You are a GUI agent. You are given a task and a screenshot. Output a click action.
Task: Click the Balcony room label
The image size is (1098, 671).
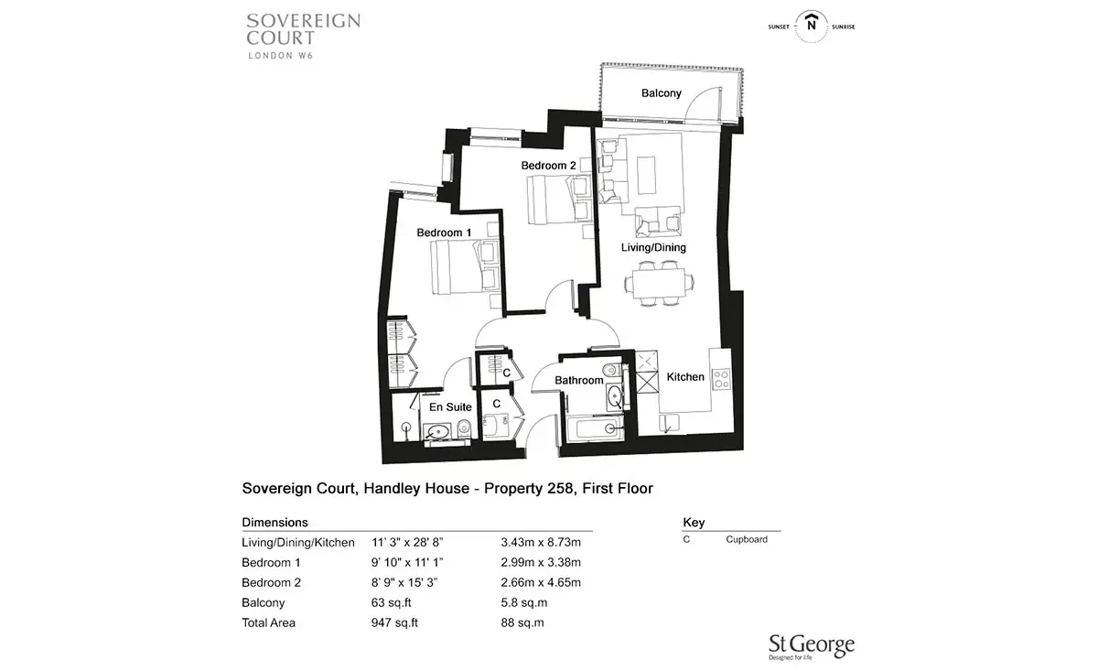click(x=662, y=93)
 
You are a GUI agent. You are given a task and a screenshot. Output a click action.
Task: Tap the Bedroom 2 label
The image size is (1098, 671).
click(x=548, y=166)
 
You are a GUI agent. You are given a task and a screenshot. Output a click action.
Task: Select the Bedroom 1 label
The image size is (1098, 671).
click(x=444, y=233)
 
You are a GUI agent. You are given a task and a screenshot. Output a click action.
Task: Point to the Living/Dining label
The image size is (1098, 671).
click(x=653, y=248)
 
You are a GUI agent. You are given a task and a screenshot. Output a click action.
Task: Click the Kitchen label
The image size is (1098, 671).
click(x=685, y=377)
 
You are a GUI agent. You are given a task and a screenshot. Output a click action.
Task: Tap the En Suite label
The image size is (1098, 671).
click(x=450, y=407)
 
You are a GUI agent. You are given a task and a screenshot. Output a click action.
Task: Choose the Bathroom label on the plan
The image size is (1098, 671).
click(x=579, y=380)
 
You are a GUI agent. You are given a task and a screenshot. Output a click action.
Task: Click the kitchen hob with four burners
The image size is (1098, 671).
click(x=721, y=379)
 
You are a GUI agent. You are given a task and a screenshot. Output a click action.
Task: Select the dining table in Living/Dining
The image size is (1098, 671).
click(x=659, y=283)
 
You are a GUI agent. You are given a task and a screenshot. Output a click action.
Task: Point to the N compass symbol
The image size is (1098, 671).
click(x=812, y=26)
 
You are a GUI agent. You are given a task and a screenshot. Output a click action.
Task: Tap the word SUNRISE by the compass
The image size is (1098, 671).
click(x=843, y=27)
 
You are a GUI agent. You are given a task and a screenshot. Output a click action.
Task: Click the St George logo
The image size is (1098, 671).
click(x=812, y=647)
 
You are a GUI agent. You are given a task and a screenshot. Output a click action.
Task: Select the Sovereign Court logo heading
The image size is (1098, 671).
click(x=304, y=36)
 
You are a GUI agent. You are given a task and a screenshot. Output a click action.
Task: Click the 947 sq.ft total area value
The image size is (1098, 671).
click(x=394, y=622)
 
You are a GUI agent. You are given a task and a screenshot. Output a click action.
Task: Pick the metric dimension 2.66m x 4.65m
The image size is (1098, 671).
click(x=541, y=583)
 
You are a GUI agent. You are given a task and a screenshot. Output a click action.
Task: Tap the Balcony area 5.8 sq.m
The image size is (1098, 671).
click(x=524, y=603)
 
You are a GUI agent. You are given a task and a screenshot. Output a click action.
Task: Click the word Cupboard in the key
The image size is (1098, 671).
click(x=747, y=539)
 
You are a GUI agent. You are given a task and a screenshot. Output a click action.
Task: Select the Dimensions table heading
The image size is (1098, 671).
click(x=275, y=523)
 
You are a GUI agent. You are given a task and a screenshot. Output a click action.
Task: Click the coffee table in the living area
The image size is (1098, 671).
click(x=646, y=176)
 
